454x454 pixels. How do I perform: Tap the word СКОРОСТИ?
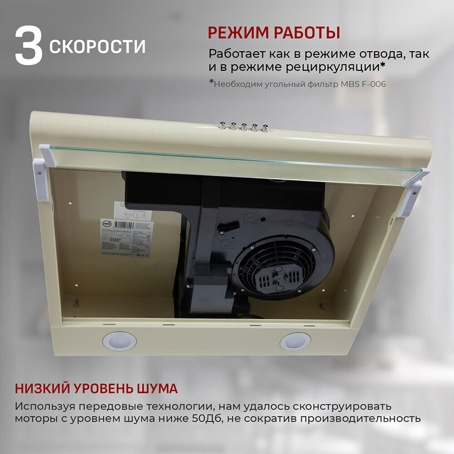pyautogui.click(x=97, y=46)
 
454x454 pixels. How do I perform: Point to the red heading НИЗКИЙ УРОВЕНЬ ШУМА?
pyautogui.click(x=96, y=389)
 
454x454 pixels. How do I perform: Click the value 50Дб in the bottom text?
pyautogui.click(x=206, y=418)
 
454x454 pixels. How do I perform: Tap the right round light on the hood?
pyautogui.click(x=295, y=341)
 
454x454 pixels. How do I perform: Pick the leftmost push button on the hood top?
pyautogui.click(x=222, y=125)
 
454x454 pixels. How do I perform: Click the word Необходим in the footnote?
pyautogui.click(x=237, y=84)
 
